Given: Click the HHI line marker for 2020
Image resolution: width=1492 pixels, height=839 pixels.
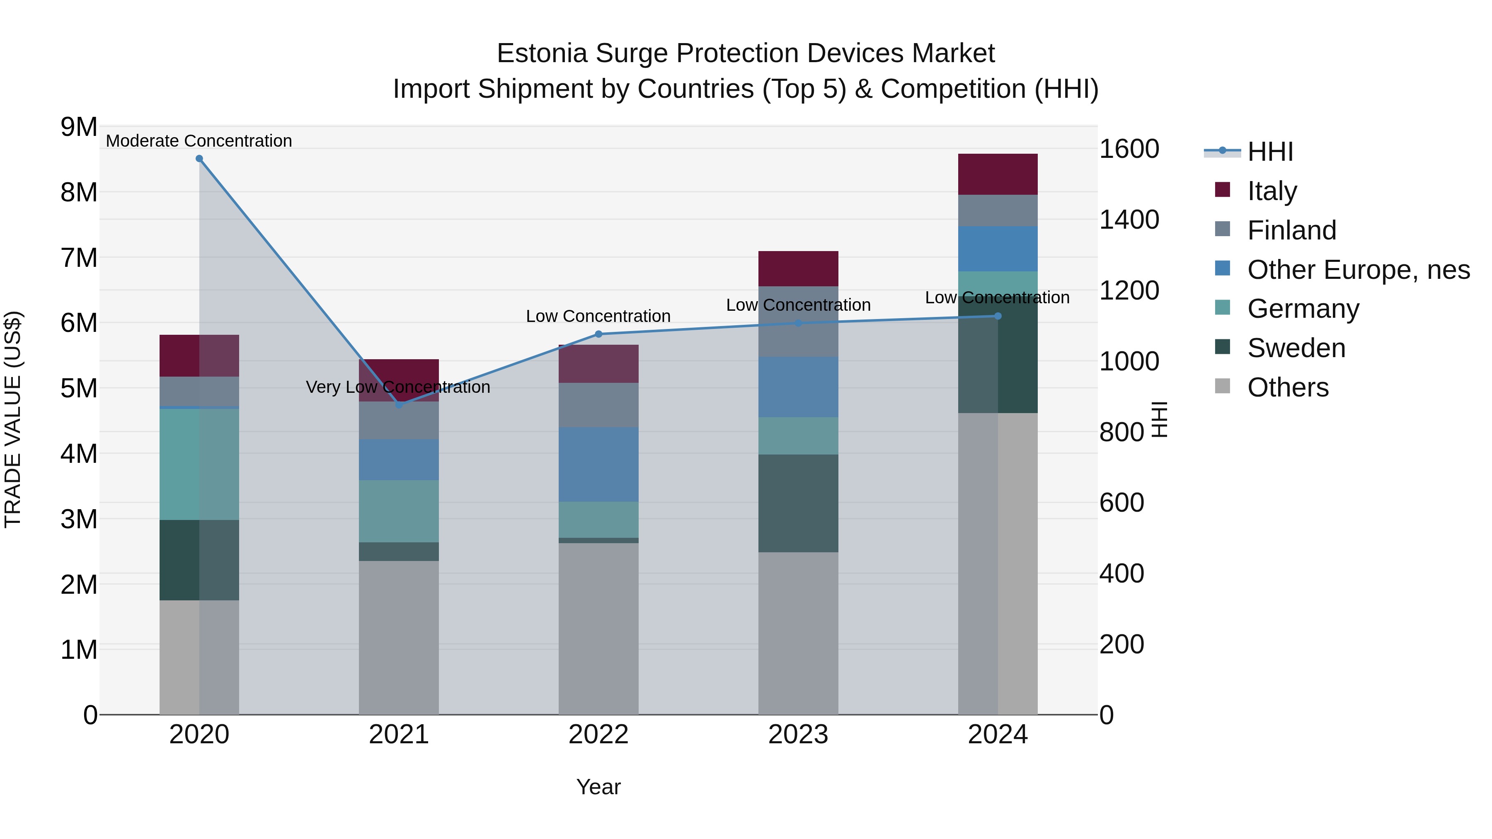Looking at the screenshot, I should (x=199, y=159).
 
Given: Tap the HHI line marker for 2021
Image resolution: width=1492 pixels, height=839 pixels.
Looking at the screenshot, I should (x=398, y=405).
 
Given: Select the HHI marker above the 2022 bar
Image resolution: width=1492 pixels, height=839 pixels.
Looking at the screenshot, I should (x=598, y=334).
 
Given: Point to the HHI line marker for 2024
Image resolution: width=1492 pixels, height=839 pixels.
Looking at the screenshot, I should (x=998, y=316).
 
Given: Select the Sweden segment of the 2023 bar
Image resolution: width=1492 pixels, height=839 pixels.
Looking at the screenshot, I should (x=798, y=503).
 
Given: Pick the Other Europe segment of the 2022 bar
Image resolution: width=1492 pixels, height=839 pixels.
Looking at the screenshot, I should (x=598, y=464).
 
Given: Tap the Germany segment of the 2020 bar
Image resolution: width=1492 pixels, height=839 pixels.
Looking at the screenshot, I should (x=199, y=464).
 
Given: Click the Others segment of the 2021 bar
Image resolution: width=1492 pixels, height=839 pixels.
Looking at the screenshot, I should (x=398, y=637).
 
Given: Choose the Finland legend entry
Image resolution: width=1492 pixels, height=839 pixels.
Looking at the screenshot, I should (x=1291, y=230).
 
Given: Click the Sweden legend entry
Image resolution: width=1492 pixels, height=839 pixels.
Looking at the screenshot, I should (x=1296, y=348).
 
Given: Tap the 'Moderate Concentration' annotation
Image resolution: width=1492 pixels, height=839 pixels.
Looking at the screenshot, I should (x=199, y=141).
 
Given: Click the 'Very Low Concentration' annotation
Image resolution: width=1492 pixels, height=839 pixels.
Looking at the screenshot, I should (x=398, y=387).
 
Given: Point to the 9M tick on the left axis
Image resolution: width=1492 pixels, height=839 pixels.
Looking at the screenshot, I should (x=79, y=127).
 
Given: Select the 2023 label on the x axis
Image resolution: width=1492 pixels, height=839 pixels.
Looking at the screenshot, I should (x=798, y=735).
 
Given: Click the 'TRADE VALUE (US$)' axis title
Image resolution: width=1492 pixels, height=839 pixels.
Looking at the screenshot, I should (x=13, y=419).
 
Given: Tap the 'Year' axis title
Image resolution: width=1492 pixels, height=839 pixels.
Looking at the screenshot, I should (x=598, y=787).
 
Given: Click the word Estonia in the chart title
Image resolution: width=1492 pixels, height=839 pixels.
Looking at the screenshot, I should (x=542, y=53).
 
